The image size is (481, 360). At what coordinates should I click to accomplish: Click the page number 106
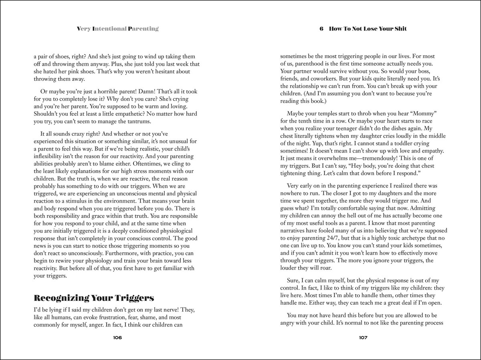[x=117, y=338]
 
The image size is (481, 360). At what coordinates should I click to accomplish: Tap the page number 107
[x=363, y=338]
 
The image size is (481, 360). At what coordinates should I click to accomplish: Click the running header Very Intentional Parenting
[x=117, y=28]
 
